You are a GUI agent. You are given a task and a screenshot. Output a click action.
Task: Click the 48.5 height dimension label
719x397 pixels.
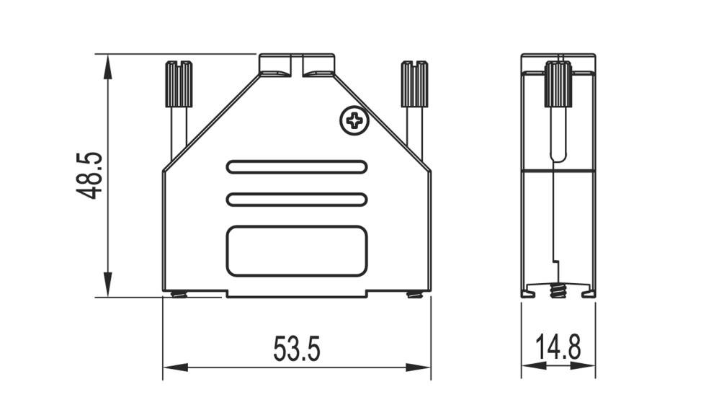pyautogui.click(x=90, y=175)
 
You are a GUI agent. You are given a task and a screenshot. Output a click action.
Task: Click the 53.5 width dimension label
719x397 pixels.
pyautogui.click(x=296, y=349)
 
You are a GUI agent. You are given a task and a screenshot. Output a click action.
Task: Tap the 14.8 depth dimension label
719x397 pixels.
pyautogui.click(x=558, y=349)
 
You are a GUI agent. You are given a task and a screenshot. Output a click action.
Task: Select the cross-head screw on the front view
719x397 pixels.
pyautogui.click(x=354, y=120)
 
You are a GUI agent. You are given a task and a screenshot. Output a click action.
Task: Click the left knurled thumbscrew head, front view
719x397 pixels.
pyautogui.click(x=179, y=84)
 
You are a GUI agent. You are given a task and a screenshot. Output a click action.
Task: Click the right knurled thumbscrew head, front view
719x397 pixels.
pyautogui.click(x=414, y=84)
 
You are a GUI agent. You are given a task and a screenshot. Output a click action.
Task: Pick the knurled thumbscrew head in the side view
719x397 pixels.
pyautogui.click(x=558, y=84)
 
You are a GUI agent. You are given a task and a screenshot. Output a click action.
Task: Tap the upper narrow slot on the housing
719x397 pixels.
pyautogui.click(x=297, y=167)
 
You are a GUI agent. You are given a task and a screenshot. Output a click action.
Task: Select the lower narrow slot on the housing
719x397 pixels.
pyautogui.click(x=297, y=200)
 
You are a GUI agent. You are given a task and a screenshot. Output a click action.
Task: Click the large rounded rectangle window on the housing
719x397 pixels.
pyautogui.click(x=297, y=251)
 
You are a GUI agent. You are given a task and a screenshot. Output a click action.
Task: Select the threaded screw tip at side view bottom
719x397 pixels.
pyautogui.click(x=558, y=291)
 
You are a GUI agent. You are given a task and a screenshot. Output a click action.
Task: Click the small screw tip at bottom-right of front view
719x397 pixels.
pyautogui.click(x=414, y=293)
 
